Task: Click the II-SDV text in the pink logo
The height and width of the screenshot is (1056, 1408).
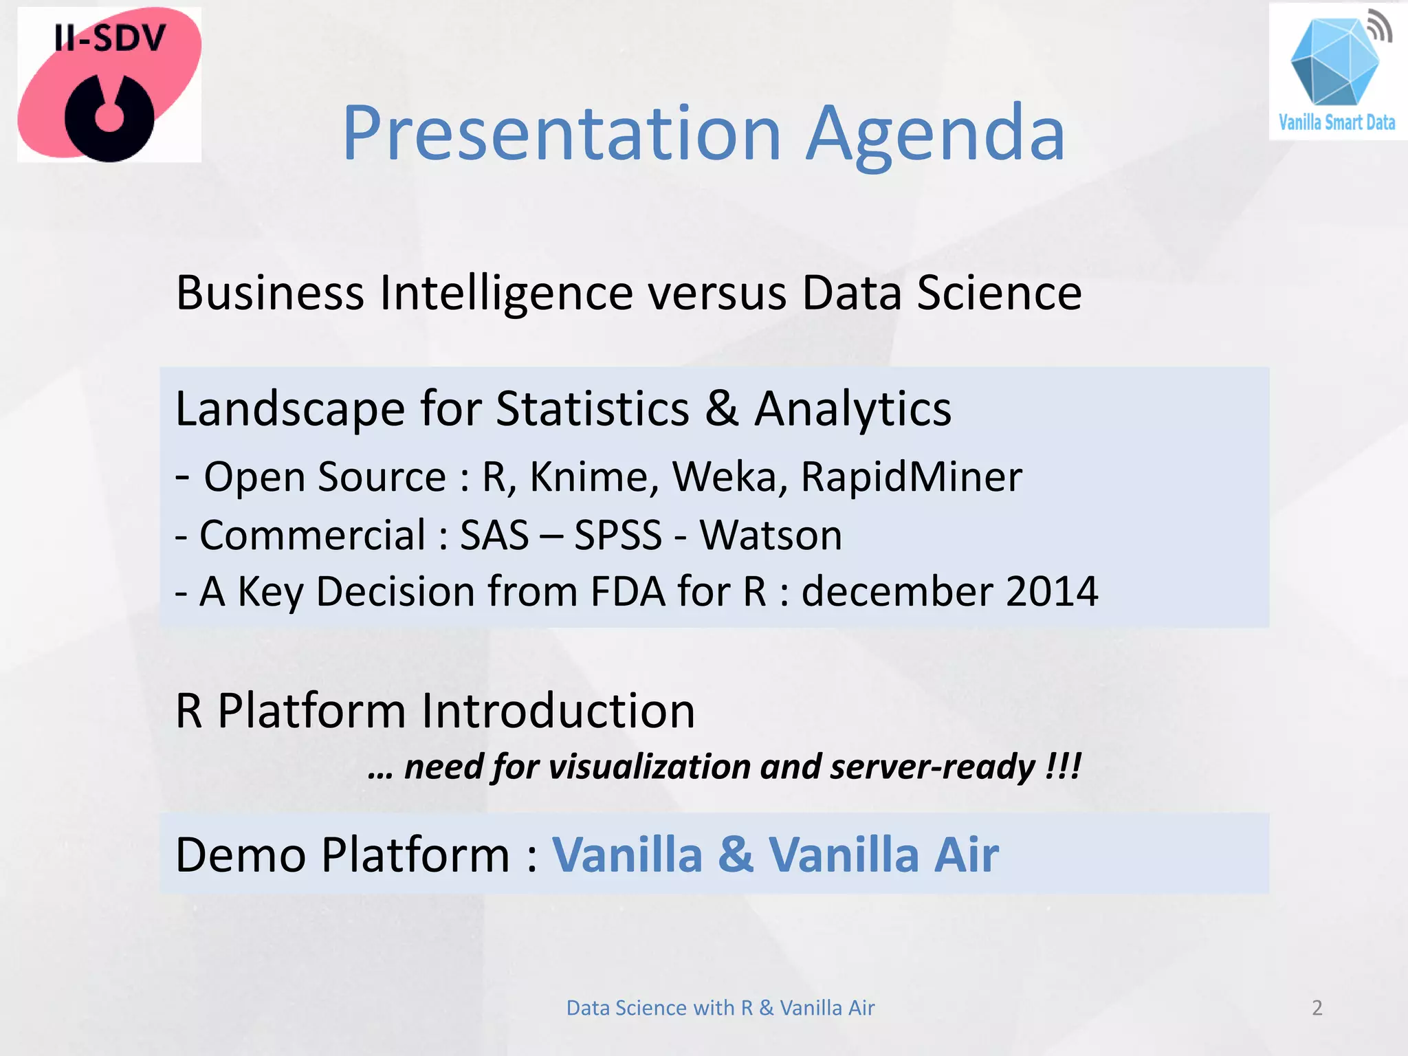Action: click(x=110, y=38)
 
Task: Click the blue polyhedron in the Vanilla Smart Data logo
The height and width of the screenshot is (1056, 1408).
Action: click(x=1334, y=62)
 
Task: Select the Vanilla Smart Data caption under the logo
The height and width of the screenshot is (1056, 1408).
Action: click(x=1336, y=123)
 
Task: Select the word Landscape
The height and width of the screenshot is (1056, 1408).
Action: click(x=289, y=409)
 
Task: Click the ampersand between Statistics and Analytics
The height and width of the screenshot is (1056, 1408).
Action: click(x=721, y=409)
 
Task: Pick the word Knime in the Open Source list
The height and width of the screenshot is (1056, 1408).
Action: click(x=594, y=476)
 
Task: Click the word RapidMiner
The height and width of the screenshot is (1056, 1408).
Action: click(x=911, y=476)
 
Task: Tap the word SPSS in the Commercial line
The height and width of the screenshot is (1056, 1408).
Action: click(x=617, y=535)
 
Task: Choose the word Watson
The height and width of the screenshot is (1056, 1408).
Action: click(x=771, y=535)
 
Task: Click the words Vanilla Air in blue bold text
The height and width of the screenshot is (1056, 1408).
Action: click(x=883, y=855)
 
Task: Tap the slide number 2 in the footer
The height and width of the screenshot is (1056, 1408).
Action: click(x=1317, y=1008)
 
